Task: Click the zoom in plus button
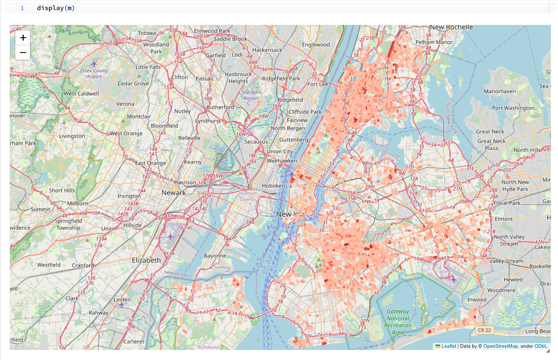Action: coord(23,38)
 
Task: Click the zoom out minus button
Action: coord(23,53)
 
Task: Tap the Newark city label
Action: coord(173,193)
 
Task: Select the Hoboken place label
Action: coord(273,186)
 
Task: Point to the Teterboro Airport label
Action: coord(251,95)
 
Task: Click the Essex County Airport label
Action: coord(94,73)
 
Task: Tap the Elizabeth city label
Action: coord(146,260)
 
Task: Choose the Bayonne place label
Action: coord(215,256)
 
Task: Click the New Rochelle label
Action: coord(451,27)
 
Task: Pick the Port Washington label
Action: coord(513,108)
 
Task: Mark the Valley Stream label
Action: coord(507,261)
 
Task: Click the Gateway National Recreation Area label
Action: coord(398,322)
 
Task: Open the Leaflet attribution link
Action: coord(449,346)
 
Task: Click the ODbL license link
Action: coord(541,346)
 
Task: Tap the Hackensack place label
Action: coord(267,50)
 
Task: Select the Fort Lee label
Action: coord(318,84)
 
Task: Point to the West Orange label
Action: coord(126,133)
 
